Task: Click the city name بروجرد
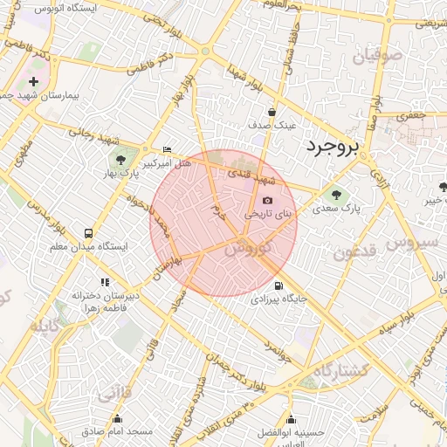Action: tap(332, 148)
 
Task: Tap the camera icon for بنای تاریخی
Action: tap(267, 201)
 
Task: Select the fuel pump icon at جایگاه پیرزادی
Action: tap(279, 285)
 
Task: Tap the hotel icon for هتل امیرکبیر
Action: tap(167, 149)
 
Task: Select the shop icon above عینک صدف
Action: tap(272, 112)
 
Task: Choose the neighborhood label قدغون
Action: tap(354, 252)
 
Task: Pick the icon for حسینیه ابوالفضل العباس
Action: tap(290, 420)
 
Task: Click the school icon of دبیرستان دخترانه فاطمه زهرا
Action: tap(106, 282)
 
